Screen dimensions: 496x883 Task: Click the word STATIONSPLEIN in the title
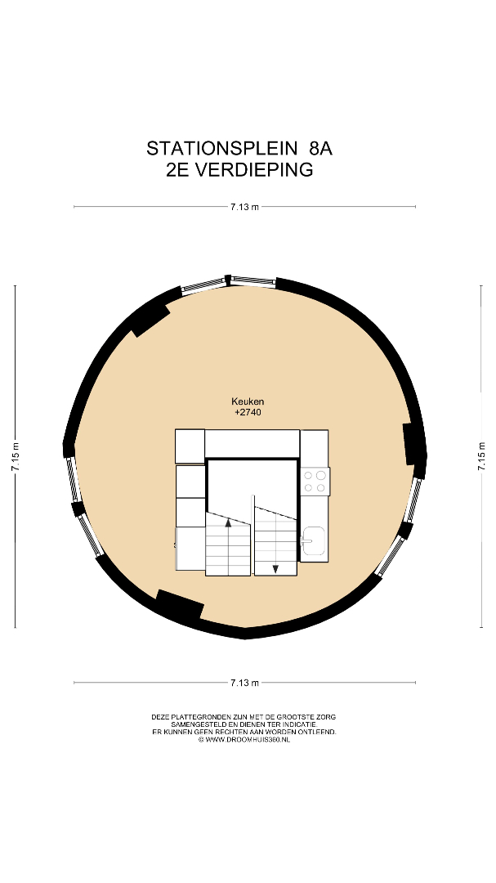(221, 148)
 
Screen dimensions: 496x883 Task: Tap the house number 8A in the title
(320, 148)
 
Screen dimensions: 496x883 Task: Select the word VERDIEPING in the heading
(253, 169)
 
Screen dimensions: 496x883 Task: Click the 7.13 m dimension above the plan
(244, 207)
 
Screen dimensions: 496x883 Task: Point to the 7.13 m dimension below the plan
(244, 683)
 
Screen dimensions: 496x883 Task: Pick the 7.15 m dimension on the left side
(16, 456)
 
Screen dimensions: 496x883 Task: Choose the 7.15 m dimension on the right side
(482, 456)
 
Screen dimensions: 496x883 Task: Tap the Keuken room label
(248, 401)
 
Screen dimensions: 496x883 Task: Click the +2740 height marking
(248, 412)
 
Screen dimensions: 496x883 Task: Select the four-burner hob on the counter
(315, 482)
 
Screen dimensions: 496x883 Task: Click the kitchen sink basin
(314, 540)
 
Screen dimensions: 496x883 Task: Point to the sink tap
(305, 540)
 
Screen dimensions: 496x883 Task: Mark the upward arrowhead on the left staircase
(228, 522)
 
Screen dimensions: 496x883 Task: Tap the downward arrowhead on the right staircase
(275, 569)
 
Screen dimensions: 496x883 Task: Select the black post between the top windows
(227, 280)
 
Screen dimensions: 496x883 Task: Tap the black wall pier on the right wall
(413, 444)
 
